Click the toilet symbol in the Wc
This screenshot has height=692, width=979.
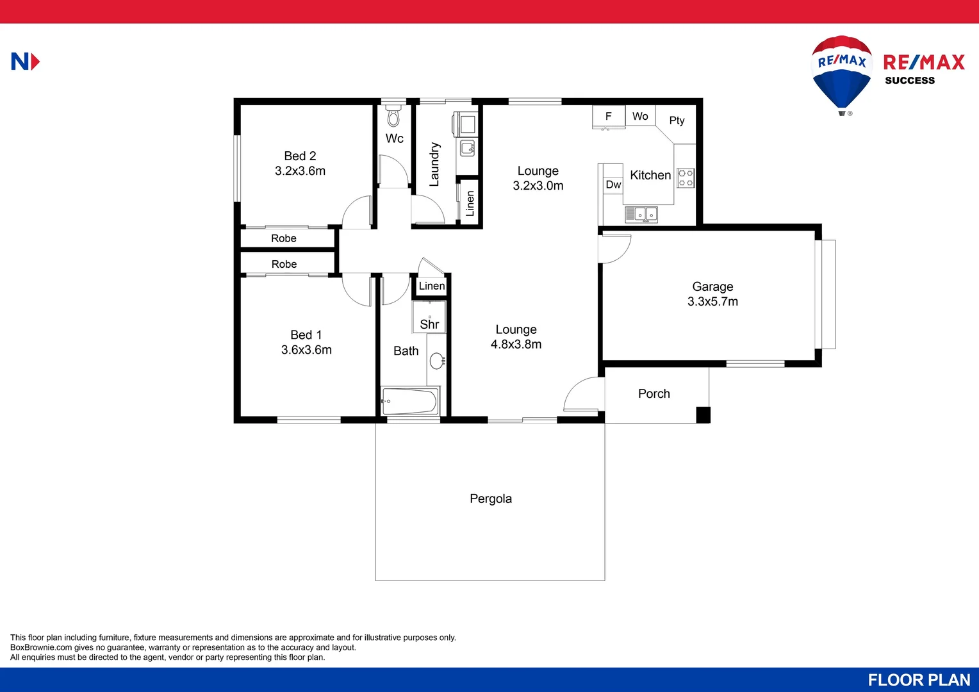pyautogui.click(x=393, y=117)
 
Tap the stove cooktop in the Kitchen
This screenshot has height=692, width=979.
pyautogui.click(x=686, y=178)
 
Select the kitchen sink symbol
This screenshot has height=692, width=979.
pyautogui.click(x=641, y=214)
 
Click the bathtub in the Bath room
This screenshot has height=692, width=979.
pyautogui.click(x=410, y=402)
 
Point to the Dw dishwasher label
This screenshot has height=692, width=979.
pyautogui.click(x=613, y=185)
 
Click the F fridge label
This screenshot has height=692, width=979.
pyautogui.click(x=609, y=116)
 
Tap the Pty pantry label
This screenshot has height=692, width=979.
pyautogui.click(x=677, y=120)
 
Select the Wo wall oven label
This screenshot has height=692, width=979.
pyautogui.click(x=640, y=116)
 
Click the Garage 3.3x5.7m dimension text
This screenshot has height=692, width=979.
pyautogui.click(x=712, y=302)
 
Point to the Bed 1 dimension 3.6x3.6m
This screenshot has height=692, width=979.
pyautogui.click(x=306, y=350)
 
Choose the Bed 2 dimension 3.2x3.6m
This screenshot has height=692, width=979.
pyautogui.click(x=300, y=171)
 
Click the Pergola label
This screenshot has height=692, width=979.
pyautogui.click(x=491, y=498)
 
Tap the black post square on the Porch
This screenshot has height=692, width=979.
pyautogui.click(x=703, y=415)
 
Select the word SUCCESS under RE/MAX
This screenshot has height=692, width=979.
pyautogui.click(x=910, y=81)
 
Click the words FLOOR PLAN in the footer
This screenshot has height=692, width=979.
pyautogui.click(x=919, y=680)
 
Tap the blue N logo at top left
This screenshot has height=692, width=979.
pyautogui.click(x=25, y=62)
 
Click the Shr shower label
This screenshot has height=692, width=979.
pyautogui.click(x=429, y=324)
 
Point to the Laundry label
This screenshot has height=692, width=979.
pyautogui.click(x=434, y=164)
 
